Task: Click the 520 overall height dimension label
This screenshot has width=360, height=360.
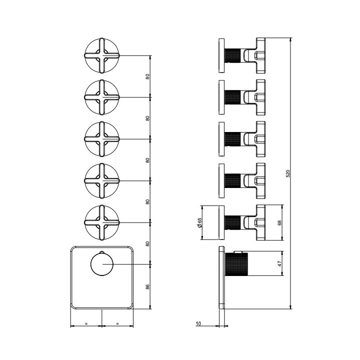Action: click(x=288, y=173)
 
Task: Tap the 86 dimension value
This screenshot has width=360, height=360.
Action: click(x=147, y=286)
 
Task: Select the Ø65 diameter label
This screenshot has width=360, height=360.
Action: click(x=199, y=222)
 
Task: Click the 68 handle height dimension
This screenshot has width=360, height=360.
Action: click(x=279, y=222)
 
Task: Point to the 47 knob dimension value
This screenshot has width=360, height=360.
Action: click(x=279, y=263)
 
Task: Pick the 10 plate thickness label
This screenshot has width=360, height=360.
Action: click(x=198, y=323)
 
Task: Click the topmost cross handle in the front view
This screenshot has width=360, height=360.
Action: click(x=102, y=55)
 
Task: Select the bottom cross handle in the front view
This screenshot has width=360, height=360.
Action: click(x=102, y=222)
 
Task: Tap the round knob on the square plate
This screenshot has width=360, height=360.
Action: click(x=102, y=264)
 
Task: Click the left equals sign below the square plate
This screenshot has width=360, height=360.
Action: click(x=86, y=323)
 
